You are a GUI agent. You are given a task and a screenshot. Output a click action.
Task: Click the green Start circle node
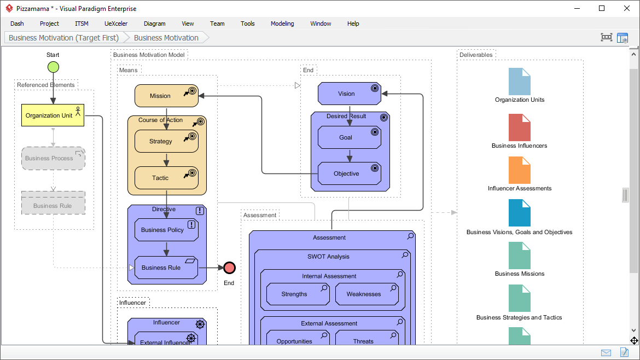pos(53,67)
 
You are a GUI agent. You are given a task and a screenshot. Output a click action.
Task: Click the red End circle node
pos(229,268)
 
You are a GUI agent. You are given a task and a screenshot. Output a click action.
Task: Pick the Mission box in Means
pos(160,96)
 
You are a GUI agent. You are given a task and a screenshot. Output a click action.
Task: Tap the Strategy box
pos(161,141)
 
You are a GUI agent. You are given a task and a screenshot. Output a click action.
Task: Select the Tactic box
pos(160,178)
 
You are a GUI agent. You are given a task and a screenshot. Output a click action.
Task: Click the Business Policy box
pos(162,230)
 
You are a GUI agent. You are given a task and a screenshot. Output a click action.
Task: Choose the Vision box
pos(346,94)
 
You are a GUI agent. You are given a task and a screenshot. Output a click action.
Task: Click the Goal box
pos(346,137)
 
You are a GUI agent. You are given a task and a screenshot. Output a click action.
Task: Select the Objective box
pos(346,173)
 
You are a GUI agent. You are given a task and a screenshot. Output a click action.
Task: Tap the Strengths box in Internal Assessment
pos(294,294)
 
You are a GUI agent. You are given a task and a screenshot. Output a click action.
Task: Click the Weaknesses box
pos(364,294)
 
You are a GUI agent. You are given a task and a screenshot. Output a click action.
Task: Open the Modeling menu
pos(282,24)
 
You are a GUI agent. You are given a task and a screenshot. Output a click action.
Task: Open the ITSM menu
pos(82,24)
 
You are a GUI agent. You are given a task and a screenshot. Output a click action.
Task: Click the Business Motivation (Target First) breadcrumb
pos(63,38)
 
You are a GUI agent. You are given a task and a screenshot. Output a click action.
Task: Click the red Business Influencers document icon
pos(519,127)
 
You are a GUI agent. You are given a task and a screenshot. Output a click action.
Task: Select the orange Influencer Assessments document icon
pos(519,170)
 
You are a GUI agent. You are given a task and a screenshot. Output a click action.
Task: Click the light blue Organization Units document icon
pos(519,82)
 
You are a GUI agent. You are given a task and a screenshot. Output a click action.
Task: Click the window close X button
pos(626,8)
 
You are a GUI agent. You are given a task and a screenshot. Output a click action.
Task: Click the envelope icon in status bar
pos(606,352)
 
